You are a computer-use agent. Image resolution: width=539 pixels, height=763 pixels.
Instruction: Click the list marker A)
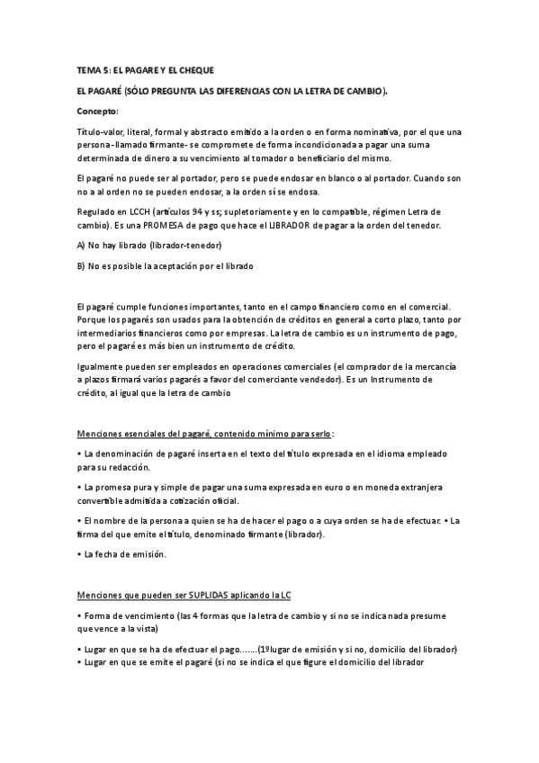(81, 245)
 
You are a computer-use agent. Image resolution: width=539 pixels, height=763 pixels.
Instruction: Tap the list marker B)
(81, 265)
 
